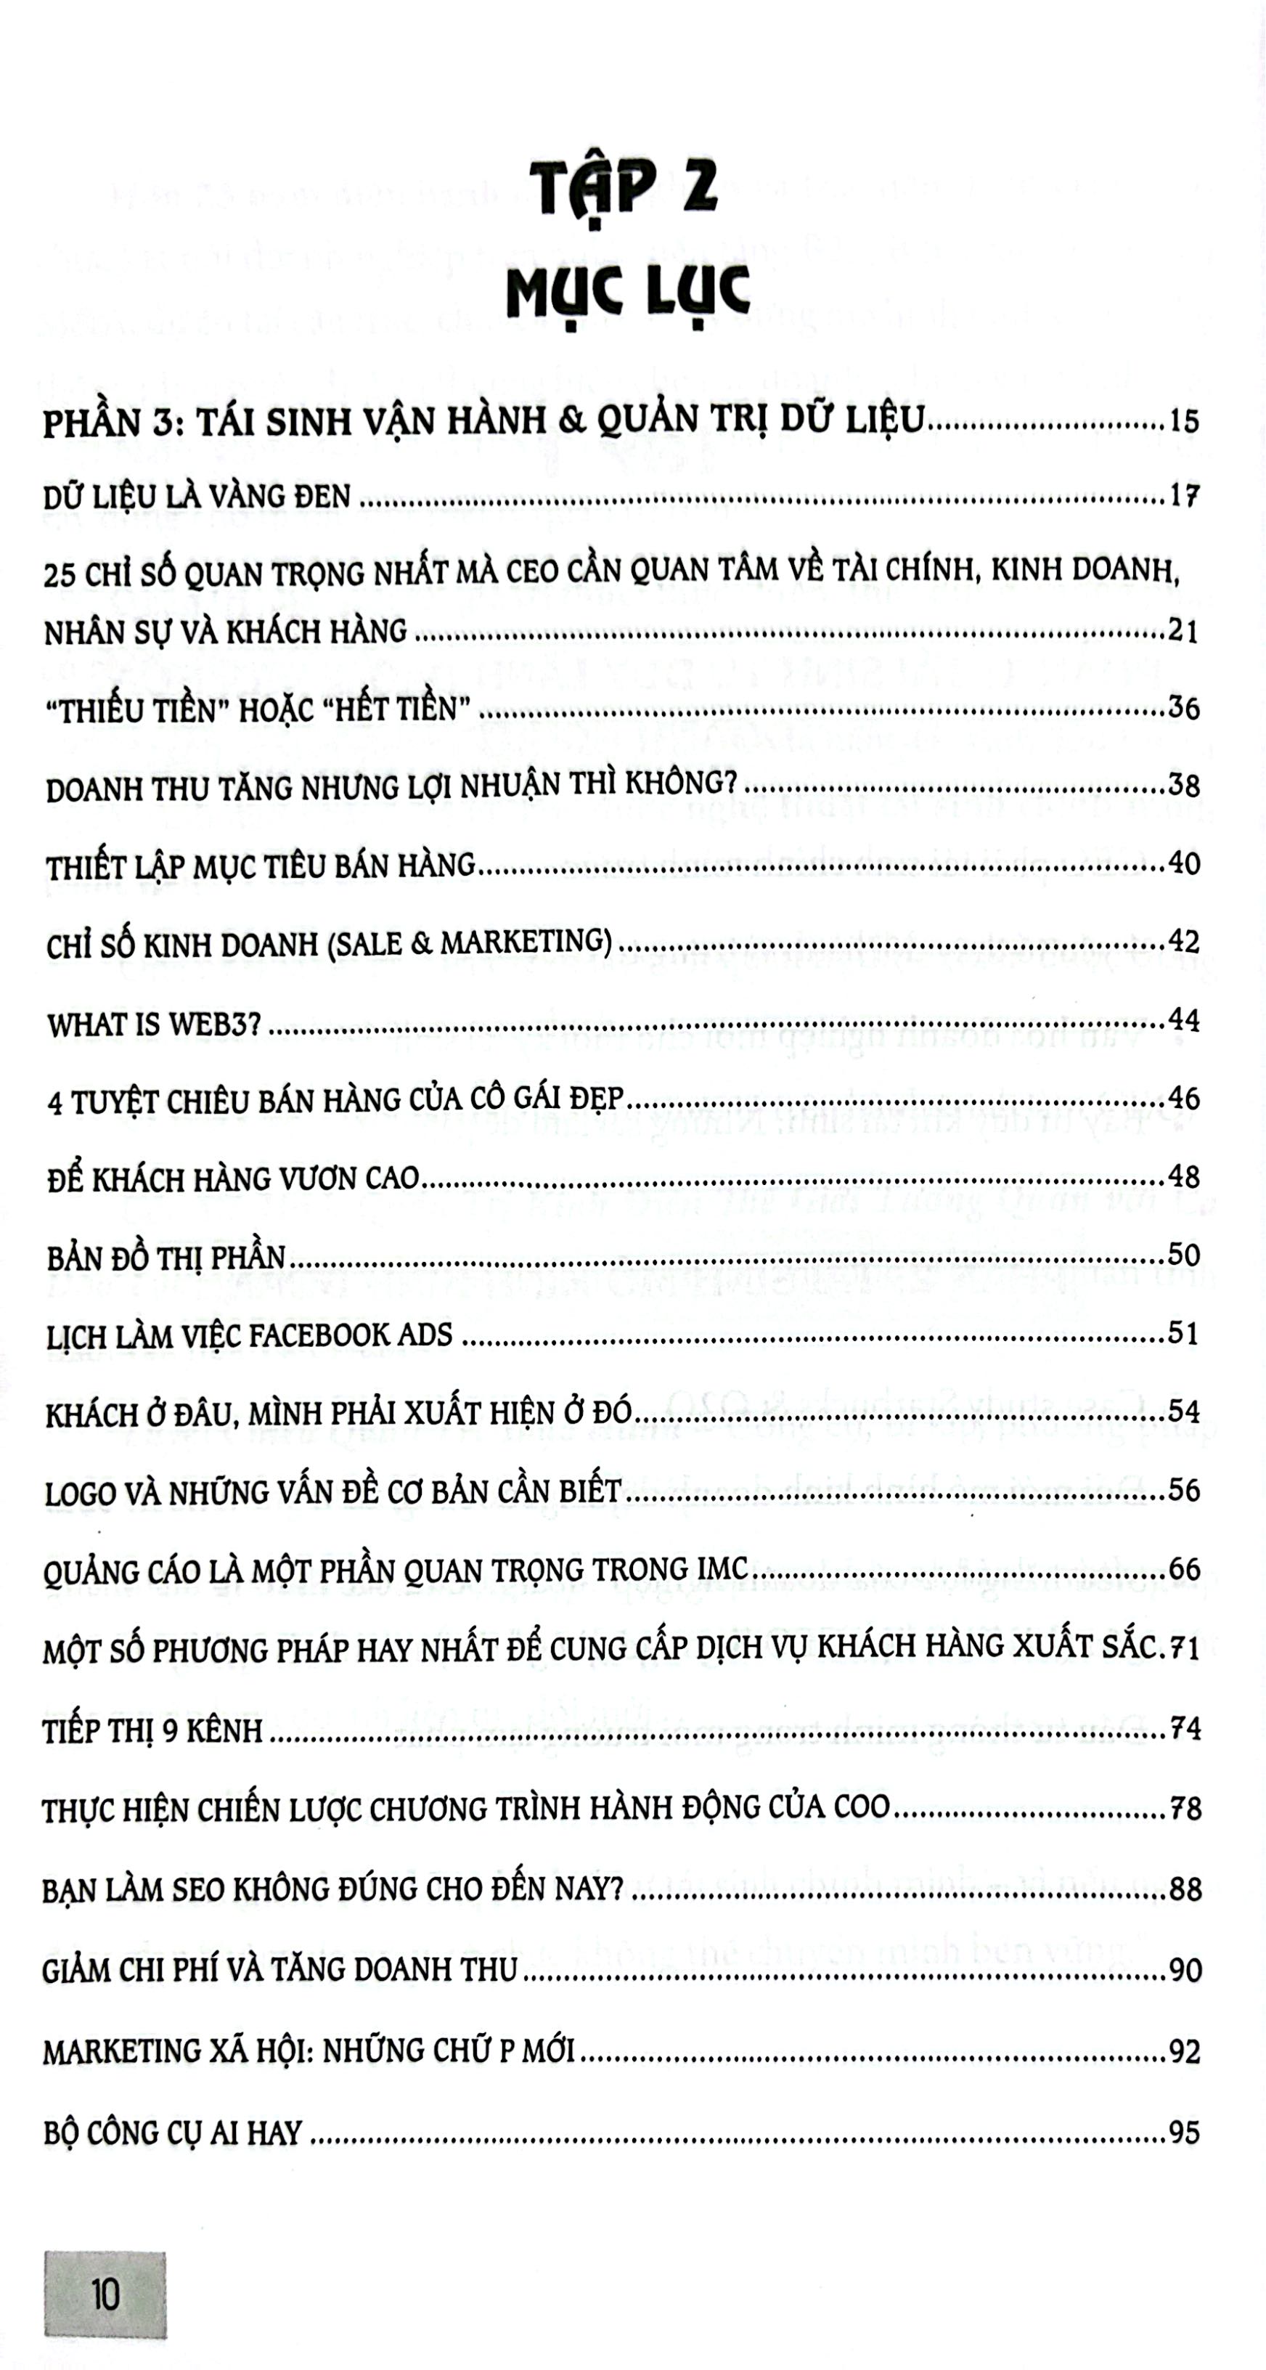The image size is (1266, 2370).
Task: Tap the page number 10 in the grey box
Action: coord(105,2294)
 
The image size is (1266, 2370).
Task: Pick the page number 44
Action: coord(1183,1020)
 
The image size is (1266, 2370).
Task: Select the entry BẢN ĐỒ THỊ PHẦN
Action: coord(166,1258)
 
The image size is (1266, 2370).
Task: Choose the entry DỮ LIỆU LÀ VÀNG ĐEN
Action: coord(197,497)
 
